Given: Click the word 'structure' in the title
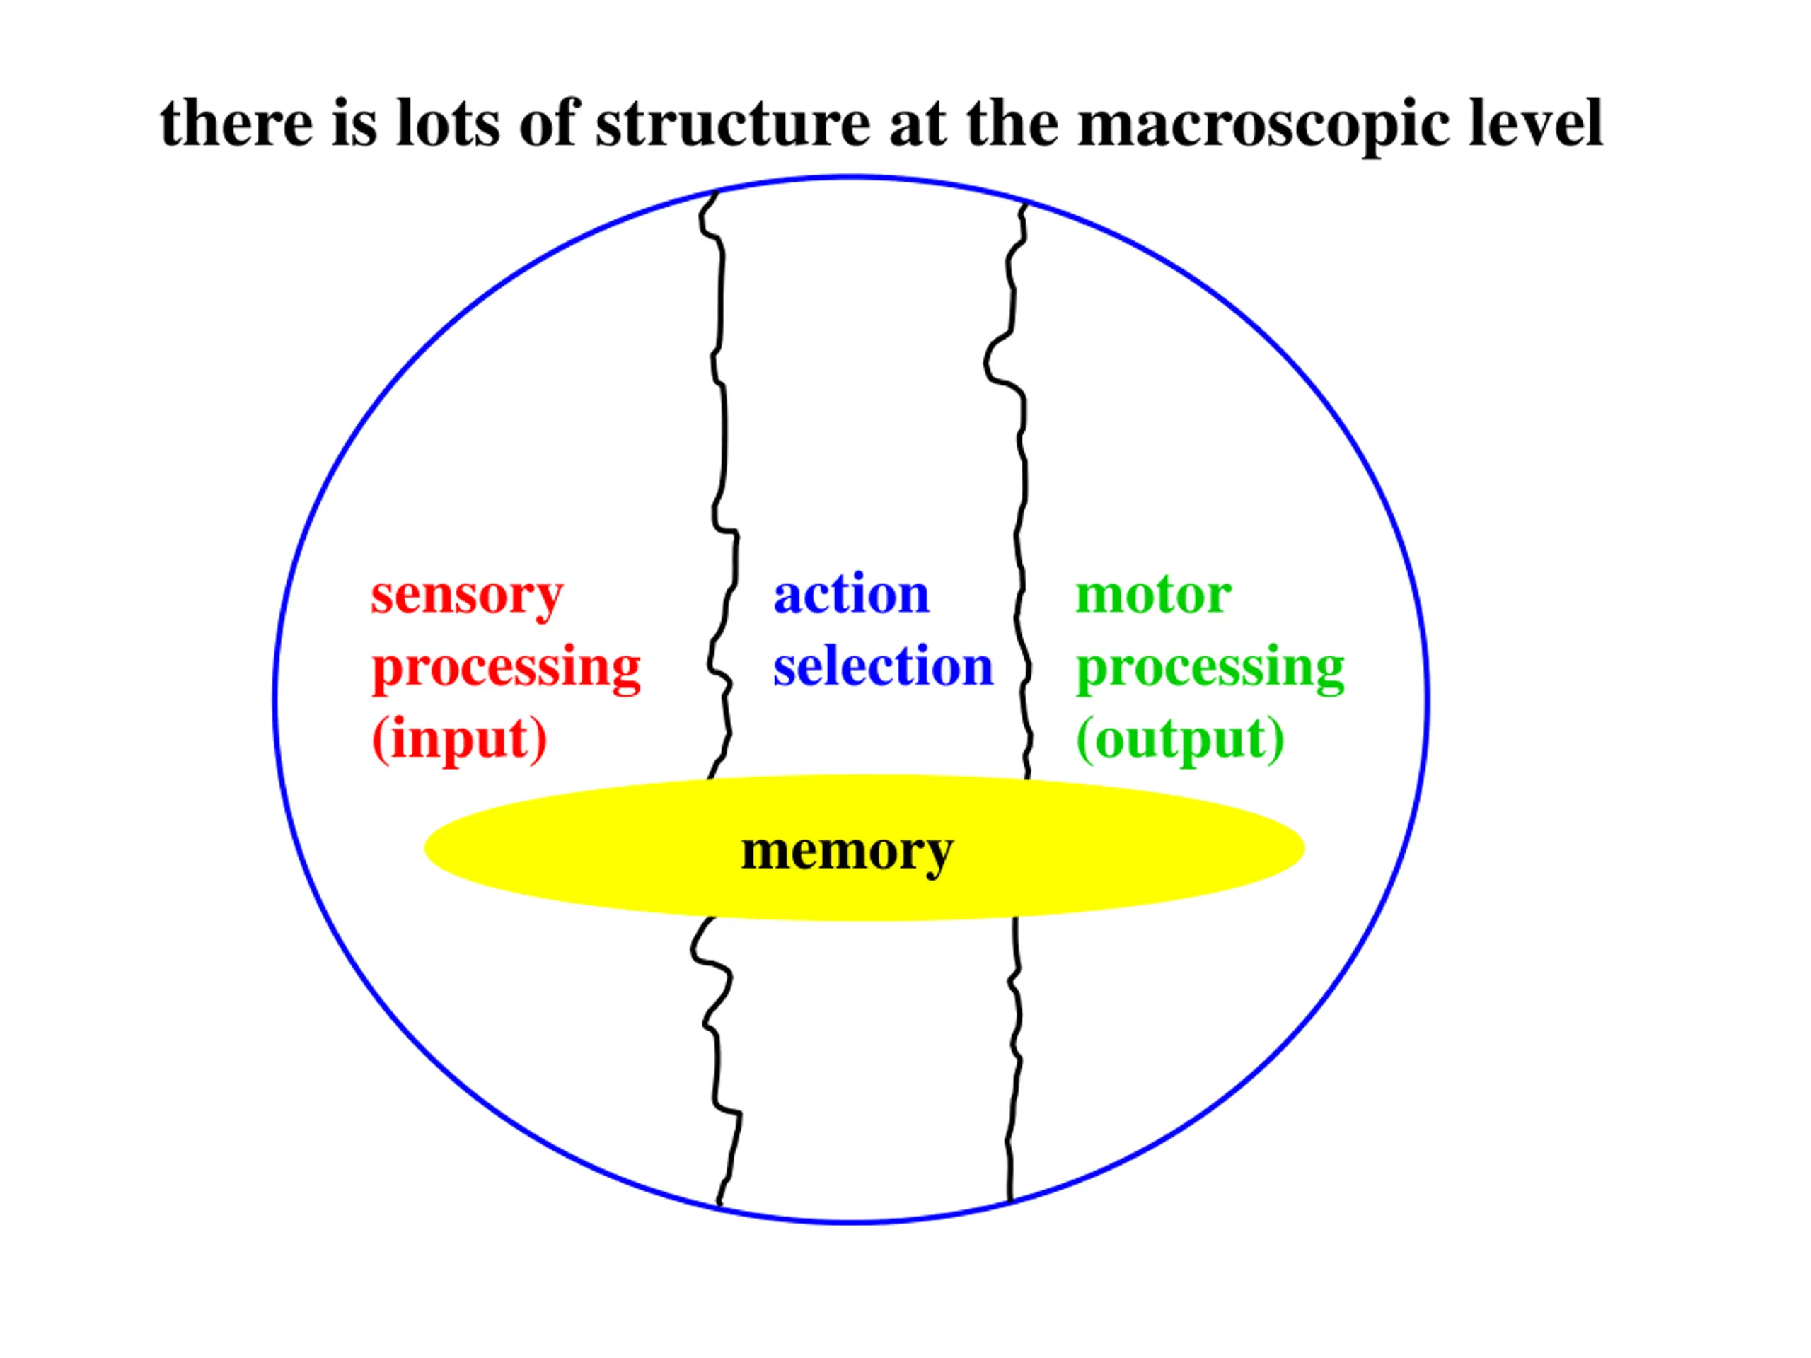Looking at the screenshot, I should click(732, 124).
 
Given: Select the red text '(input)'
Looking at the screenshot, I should click(459, 739).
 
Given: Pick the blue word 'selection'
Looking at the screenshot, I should click(883, 666).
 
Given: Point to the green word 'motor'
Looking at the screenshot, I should click(1153, 594).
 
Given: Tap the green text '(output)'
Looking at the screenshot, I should click(1180, 739).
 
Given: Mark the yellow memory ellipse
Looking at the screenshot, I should click(573, 852).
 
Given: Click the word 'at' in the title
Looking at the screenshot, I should click(917, 124).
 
